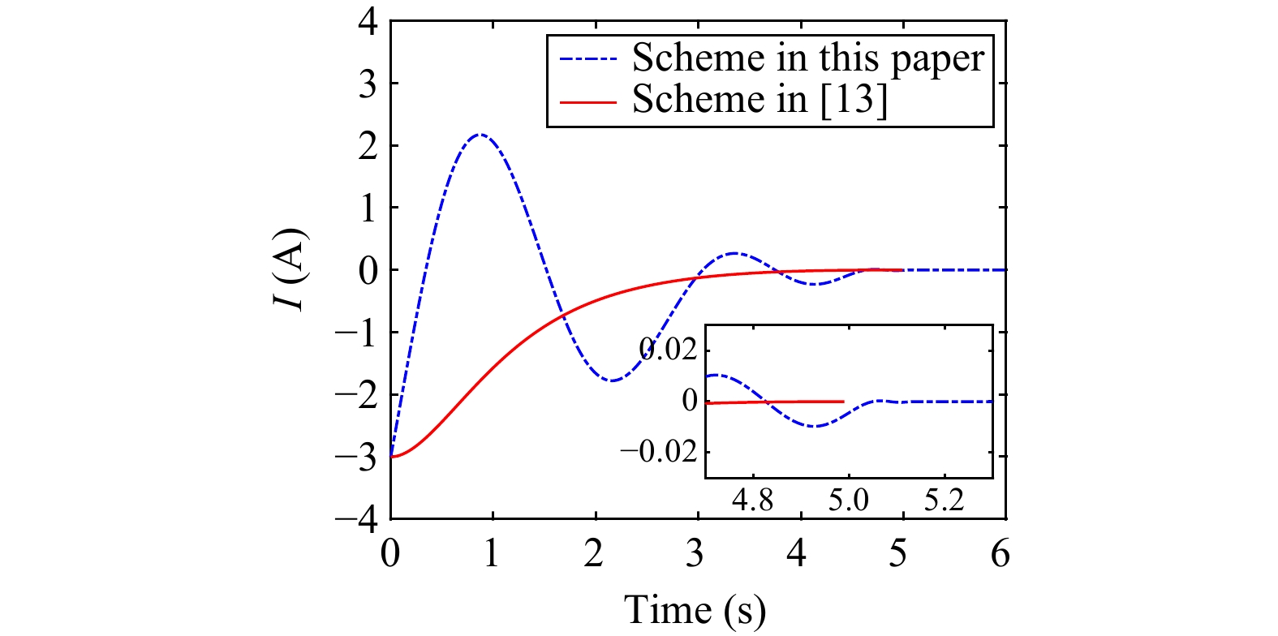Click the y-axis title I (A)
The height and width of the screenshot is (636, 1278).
click(290, 269)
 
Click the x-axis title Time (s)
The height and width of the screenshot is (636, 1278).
click(695, 609)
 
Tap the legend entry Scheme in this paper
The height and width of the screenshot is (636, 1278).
click(807, 58)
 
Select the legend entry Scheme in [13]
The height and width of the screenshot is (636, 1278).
click(759, 99)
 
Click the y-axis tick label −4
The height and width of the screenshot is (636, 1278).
click(357, 518)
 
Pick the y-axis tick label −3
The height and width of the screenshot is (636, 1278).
click(357, 457)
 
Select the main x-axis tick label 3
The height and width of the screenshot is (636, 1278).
click(695, 553)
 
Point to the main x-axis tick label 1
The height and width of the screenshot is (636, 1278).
click(492, 553)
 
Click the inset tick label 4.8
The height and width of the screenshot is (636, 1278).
click(752, 500)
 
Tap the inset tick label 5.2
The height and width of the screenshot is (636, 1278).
click(944, 500)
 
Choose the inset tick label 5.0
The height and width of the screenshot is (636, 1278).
click(848, 500)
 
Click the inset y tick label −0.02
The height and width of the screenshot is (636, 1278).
click(659, 451)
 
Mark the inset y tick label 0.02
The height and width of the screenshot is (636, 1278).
click(668, 350)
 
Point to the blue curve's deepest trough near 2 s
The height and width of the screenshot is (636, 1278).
click(613, 380)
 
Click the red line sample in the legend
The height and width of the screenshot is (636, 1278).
click(588, 101)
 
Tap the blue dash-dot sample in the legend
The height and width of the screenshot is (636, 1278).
click(588, 59)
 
